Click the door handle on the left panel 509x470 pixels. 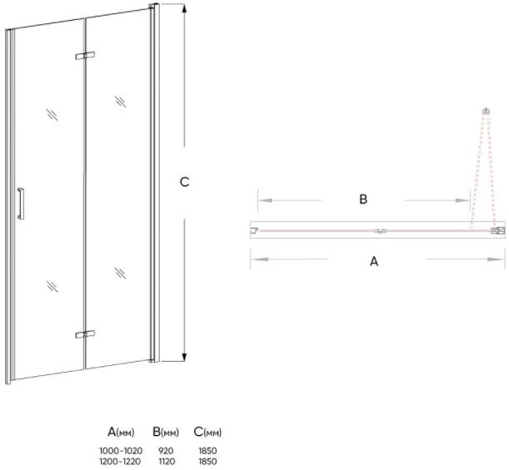[x=22, y=203]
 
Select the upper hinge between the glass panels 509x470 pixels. [x=84, y=57]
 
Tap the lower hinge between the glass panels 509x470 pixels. [x=84, y=334]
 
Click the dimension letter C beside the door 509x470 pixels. [x=186, y=182]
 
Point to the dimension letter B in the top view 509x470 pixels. [x=363, y=200]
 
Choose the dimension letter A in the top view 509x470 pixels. [x=374, y=260]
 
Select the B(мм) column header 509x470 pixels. [x=166, y=432]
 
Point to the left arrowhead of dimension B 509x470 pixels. [x=261, y=200]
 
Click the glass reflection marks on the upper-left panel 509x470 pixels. [x=52, y=114]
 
